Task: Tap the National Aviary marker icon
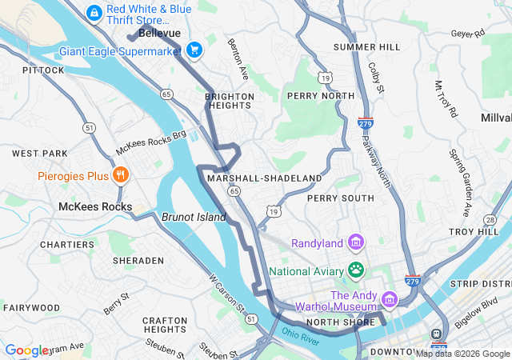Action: pyautogui.click(x=354, y=270)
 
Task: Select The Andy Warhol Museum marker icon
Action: pyautogui.click(x=390, y=299)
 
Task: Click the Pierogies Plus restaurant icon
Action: pyautogui.click(x=120, y=175)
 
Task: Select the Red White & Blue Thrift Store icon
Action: pyautogui.click(x=94, y=12)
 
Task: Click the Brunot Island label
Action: pyautogui.click(x=194, y=217)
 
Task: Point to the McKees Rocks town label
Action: pyautogui.click(x=95, y=206)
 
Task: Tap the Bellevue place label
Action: pyautogui.click(x=159, y=34)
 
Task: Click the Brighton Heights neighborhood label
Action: pyautogui.click(x=230, y=101)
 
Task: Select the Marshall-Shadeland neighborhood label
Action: pyautogui.click(x=264, y=178)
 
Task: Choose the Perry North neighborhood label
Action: pyautogui.click(x=320, y=96)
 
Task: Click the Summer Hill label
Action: pyautogui.click(x=366, y=47)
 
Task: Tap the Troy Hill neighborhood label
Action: pyautogui.click(x=474, y=231)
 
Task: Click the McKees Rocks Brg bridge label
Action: pyautogui.click(x=150, y=143)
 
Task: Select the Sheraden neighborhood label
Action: pyautogui.click(x=138, y=261)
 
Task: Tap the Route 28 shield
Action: pyautogui.click(x=490, y=218)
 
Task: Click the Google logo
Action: pyautogui.click(x=27, y=350)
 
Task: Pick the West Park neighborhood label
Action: pyautogui.click(x=39, y=153)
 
